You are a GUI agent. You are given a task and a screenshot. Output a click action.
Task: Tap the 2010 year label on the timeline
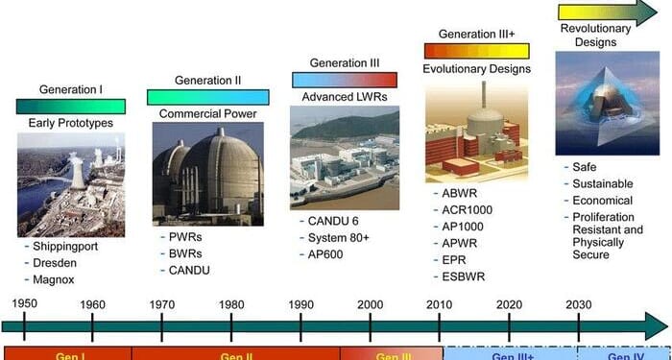click(440, 304)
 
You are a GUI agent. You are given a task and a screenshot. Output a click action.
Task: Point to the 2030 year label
click(579, 304)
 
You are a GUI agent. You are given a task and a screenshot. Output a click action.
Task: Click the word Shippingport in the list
click(65, 246)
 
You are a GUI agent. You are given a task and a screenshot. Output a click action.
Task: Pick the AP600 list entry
click(328, 255)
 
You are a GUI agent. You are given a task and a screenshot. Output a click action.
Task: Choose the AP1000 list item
click(467, 227)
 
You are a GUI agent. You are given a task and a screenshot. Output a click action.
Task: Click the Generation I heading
click(71, 89)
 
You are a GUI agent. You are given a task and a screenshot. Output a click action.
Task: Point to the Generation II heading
click(207, 80)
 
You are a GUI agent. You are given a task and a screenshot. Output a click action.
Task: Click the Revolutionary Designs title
click(595, 36)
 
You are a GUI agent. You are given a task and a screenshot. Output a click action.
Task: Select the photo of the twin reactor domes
click(207, 178)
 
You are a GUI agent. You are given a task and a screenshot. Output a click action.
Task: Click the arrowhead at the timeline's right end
click(657, 324)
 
